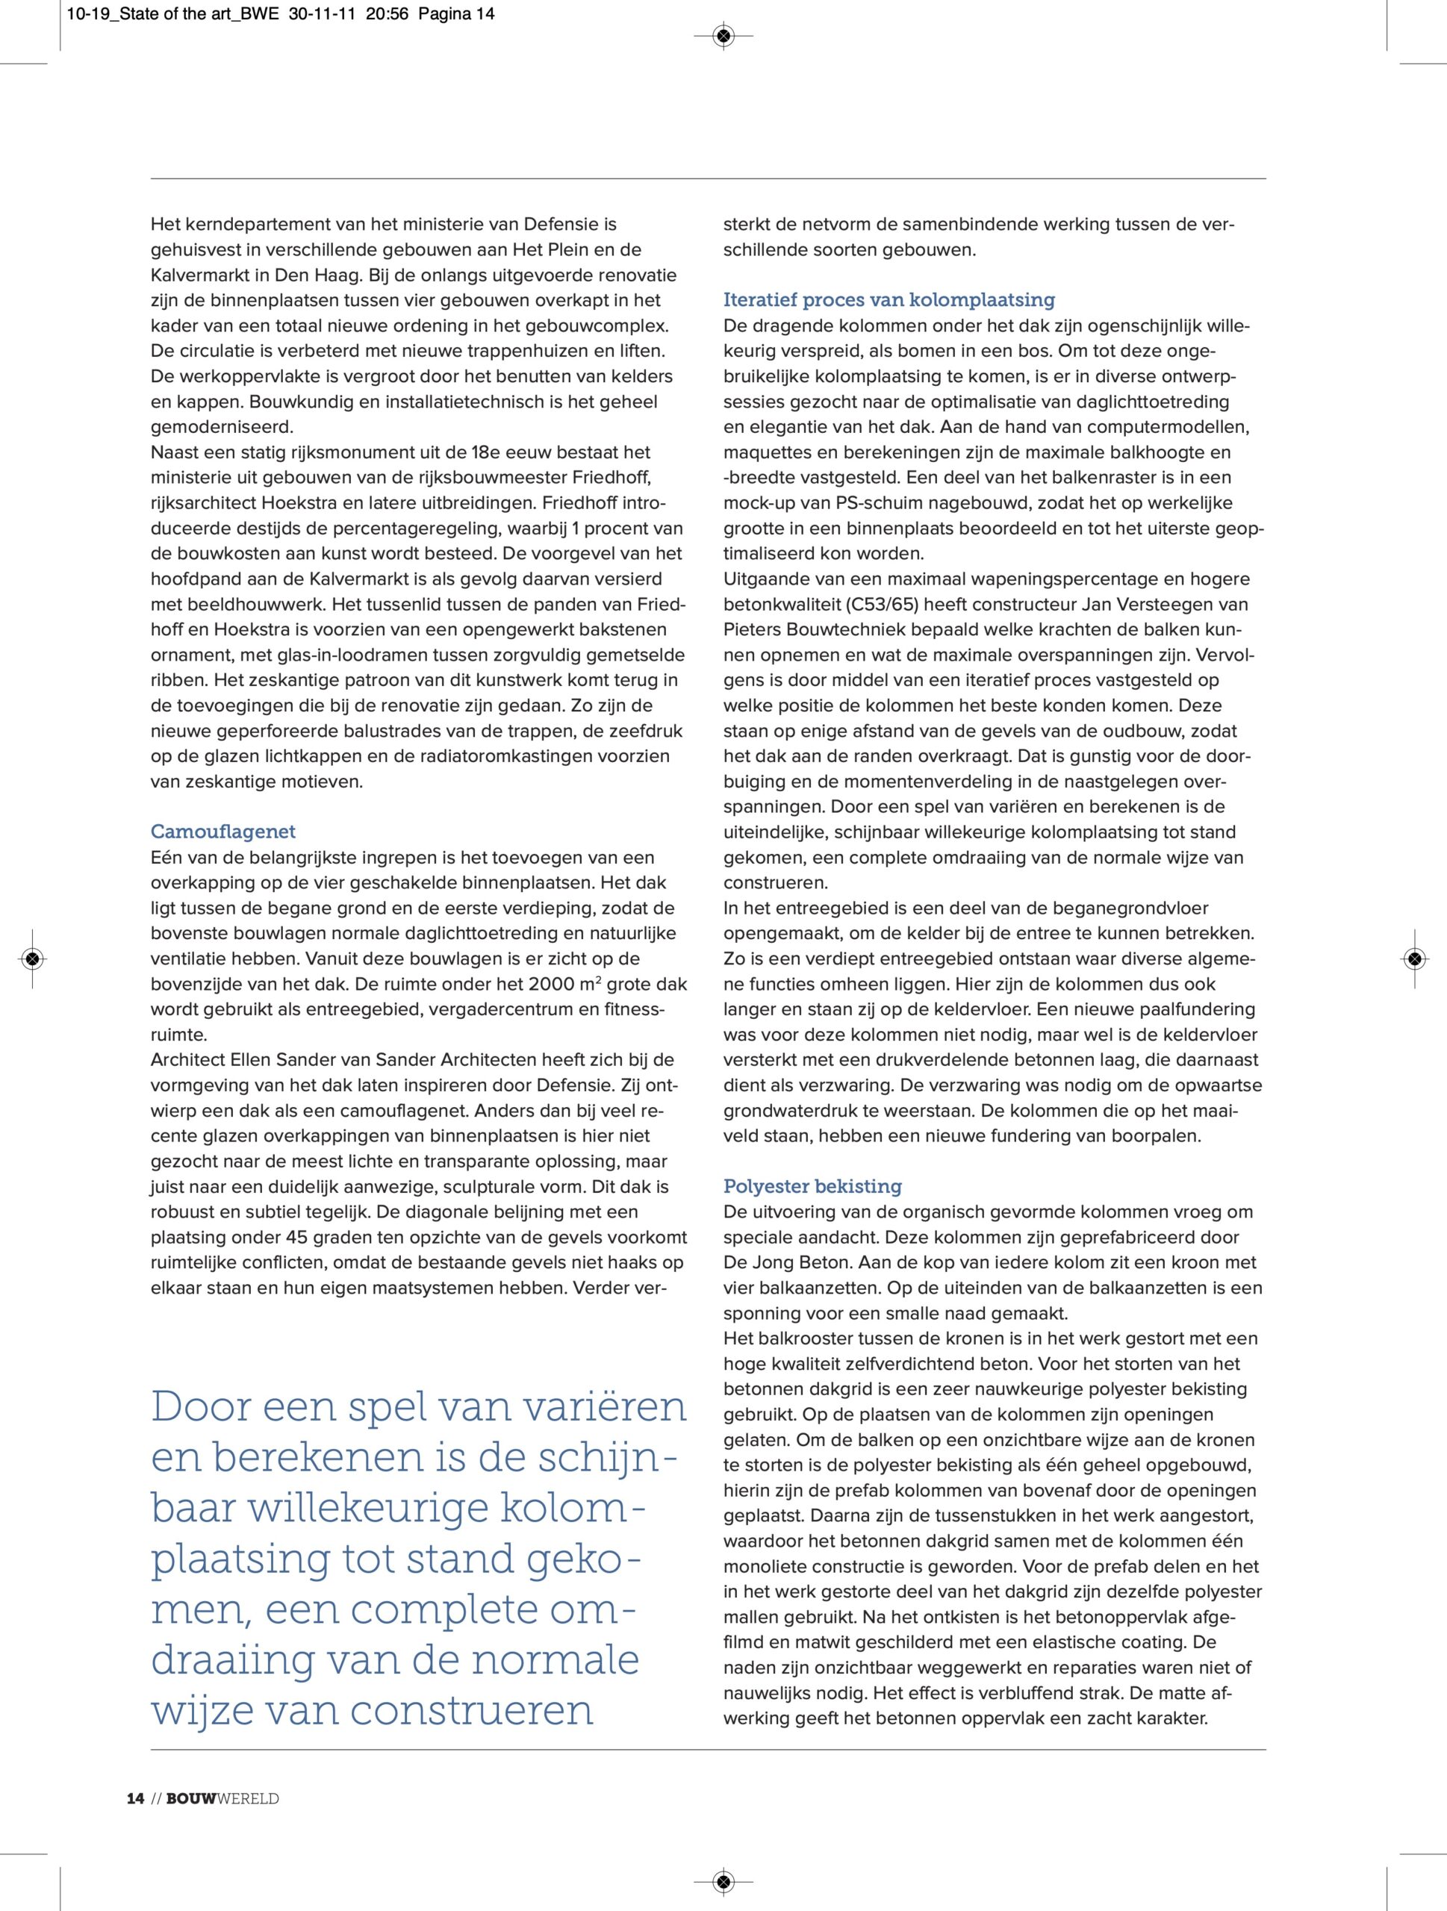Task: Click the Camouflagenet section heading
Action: point(223,832)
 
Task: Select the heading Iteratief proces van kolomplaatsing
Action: point(889,300)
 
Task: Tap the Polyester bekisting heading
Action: point(812,1186)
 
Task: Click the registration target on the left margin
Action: point(32,958)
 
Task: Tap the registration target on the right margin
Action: point(1414,958)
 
